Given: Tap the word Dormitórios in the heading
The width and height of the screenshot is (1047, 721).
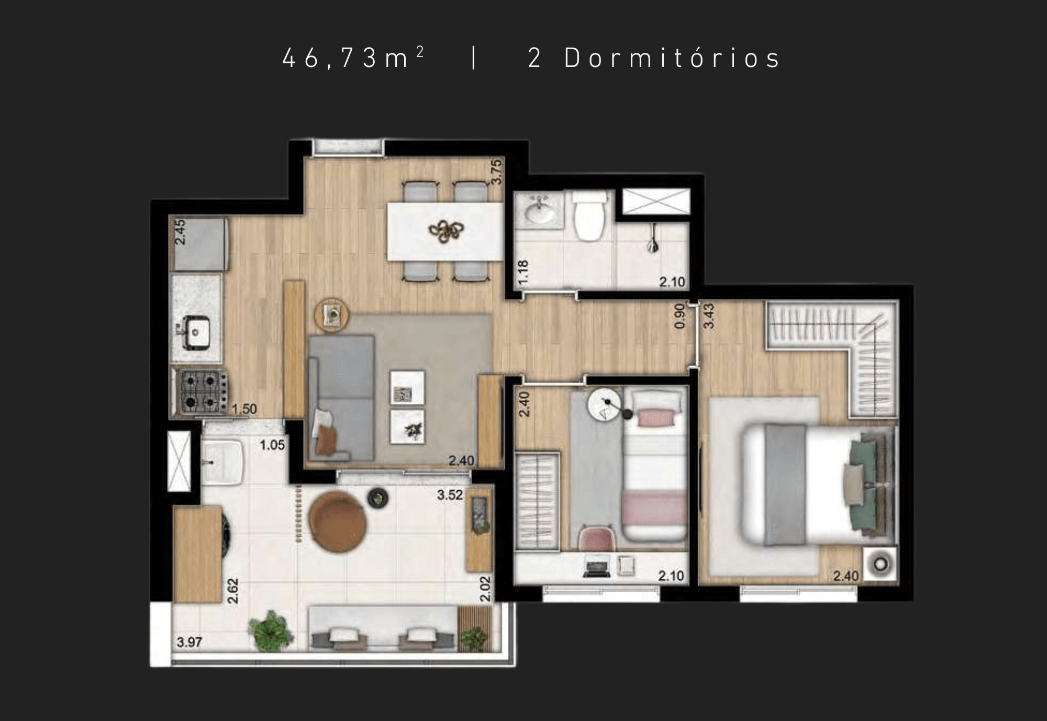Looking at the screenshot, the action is (672, 58).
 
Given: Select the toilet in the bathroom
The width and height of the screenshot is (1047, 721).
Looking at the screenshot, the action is (591, 215).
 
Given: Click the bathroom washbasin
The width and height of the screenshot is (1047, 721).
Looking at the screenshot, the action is (539, 210).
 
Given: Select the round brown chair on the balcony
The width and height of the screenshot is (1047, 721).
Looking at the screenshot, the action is (338, 521).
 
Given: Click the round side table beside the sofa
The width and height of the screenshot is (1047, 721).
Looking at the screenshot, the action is (332, 314).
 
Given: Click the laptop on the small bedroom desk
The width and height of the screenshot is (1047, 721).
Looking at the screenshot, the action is (597, 568).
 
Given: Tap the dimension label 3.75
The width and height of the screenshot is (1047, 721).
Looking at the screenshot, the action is (496, 172).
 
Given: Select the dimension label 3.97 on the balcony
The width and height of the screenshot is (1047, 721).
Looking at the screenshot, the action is (189, 642).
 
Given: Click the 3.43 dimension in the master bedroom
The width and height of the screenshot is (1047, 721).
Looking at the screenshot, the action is (709, 316).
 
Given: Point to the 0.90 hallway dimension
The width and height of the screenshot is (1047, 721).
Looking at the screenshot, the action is (680, 316).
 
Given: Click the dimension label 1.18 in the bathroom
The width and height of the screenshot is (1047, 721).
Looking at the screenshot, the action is (522, 273).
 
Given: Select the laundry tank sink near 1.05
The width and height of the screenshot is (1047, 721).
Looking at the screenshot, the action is (222, 462).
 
